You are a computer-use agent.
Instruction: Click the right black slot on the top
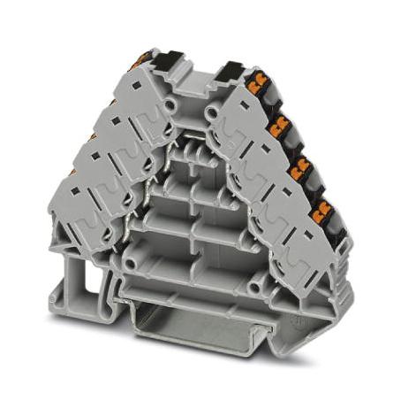point(231,70)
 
